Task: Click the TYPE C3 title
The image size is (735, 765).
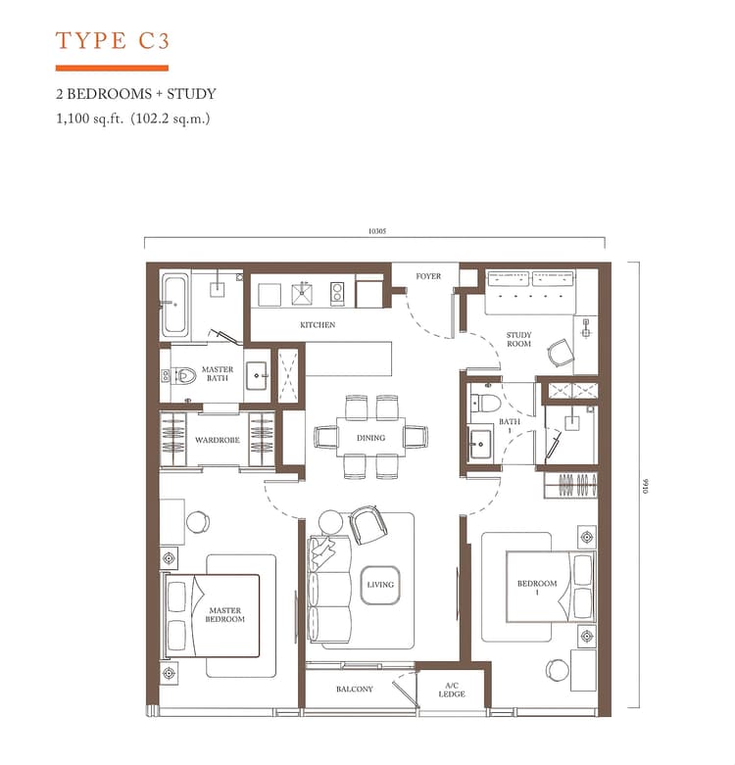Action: (x=113, y=41)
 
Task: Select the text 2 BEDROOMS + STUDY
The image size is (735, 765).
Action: (x=136, y=95)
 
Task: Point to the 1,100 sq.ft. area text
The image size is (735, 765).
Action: (x=133, y=119)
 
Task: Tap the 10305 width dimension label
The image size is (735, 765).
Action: (x=377, y=232)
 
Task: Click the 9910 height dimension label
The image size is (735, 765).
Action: (x=647, y=486)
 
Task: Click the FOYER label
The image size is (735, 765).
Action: (x=428, y=276)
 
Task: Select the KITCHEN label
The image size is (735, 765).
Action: (x=317, y=325)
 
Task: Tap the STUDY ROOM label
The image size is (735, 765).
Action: (x=518, y=340)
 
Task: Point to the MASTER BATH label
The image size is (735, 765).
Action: (x=218, y=374)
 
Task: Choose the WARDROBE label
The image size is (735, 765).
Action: (x=217, y=441)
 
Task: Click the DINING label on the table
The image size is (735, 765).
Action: (x=370, y=438)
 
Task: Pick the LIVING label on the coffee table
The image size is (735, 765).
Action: (x=380, y=585)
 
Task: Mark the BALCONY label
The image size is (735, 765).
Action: (x=354, y=690)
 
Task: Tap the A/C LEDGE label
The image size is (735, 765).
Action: (x=452, y=690)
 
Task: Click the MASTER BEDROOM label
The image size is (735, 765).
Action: (x=225, y=615)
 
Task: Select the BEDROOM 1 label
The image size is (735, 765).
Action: (x=537, y=588)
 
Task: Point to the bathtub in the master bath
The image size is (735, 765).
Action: (x=175, y=304)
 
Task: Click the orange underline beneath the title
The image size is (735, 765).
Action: (x=112, y=68)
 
